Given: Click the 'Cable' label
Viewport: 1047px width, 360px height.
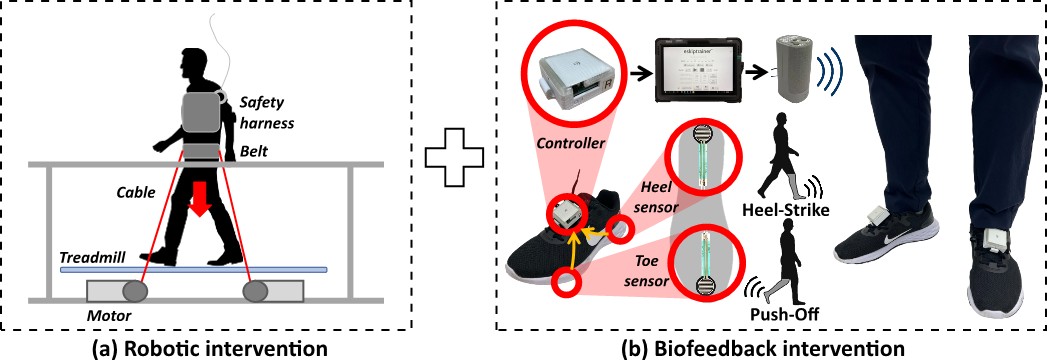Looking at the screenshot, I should coord(136,186).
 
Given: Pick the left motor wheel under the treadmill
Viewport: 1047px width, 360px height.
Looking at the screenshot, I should coord(135,291).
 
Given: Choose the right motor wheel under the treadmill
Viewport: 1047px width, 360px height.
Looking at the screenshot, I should coord(256,291).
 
